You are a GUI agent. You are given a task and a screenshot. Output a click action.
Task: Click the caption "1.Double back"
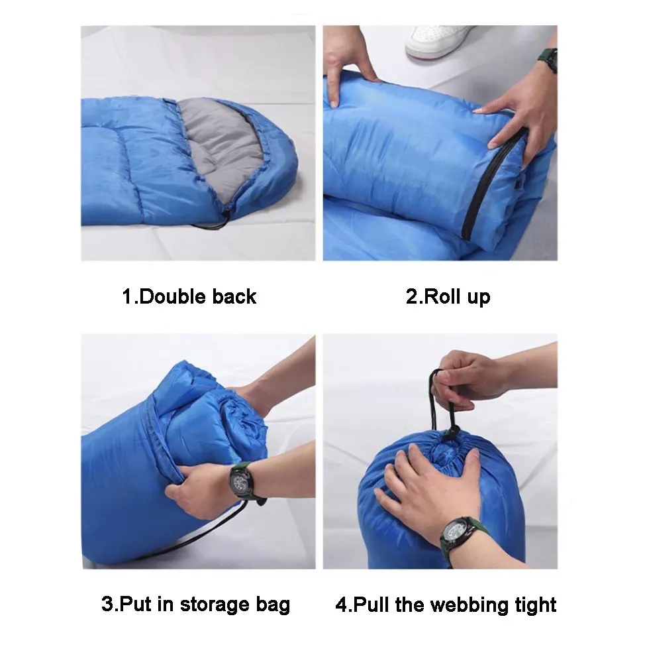pyautogui.click(x=189, y=296)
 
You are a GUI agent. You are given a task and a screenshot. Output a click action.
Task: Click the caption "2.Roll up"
pyautogui.click(x=448, y=296)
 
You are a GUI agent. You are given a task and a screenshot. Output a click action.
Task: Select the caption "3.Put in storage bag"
pyautogui.click(x=195, y=604)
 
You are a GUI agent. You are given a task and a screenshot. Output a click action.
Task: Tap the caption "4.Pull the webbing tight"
pyautogui.click(x=446, y=604)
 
